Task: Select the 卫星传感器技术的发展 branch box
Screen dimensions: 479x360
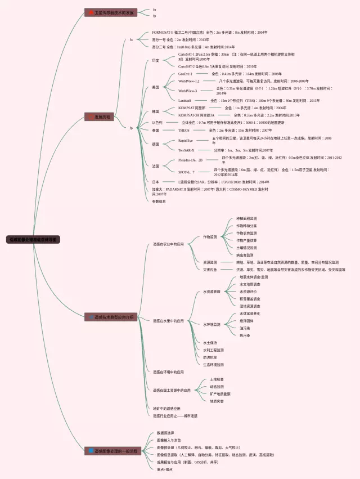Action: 113,12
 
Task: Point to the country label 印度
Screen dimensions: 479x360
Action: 156,60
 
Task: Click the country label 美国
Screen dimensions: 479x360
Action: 156,87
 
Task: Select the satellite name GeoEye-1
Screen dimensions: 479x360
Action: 186,74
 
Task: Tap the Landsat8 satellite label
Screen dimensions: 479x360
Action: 185,100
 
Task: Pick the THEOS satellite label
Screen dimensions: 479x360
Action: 184,130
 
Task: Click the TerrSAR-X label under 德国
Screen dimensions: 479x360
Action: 186,150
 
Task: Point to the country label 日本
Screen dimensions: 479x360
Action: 156,182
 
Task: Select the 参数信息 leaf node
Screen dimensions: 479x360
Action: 160,201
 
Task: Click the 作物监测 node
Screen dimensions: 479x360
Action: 210,237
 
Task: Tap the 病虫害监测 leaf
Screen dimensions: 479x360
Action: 246,255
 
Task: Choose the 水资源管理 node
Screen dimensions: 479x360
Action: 211,292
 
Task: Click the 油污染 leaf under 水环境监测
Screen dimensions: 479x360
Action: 245,328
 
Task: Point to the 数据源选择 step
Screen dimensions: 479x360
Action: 166,433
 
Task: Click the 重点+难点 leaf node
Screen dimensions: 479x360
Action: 165,469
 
